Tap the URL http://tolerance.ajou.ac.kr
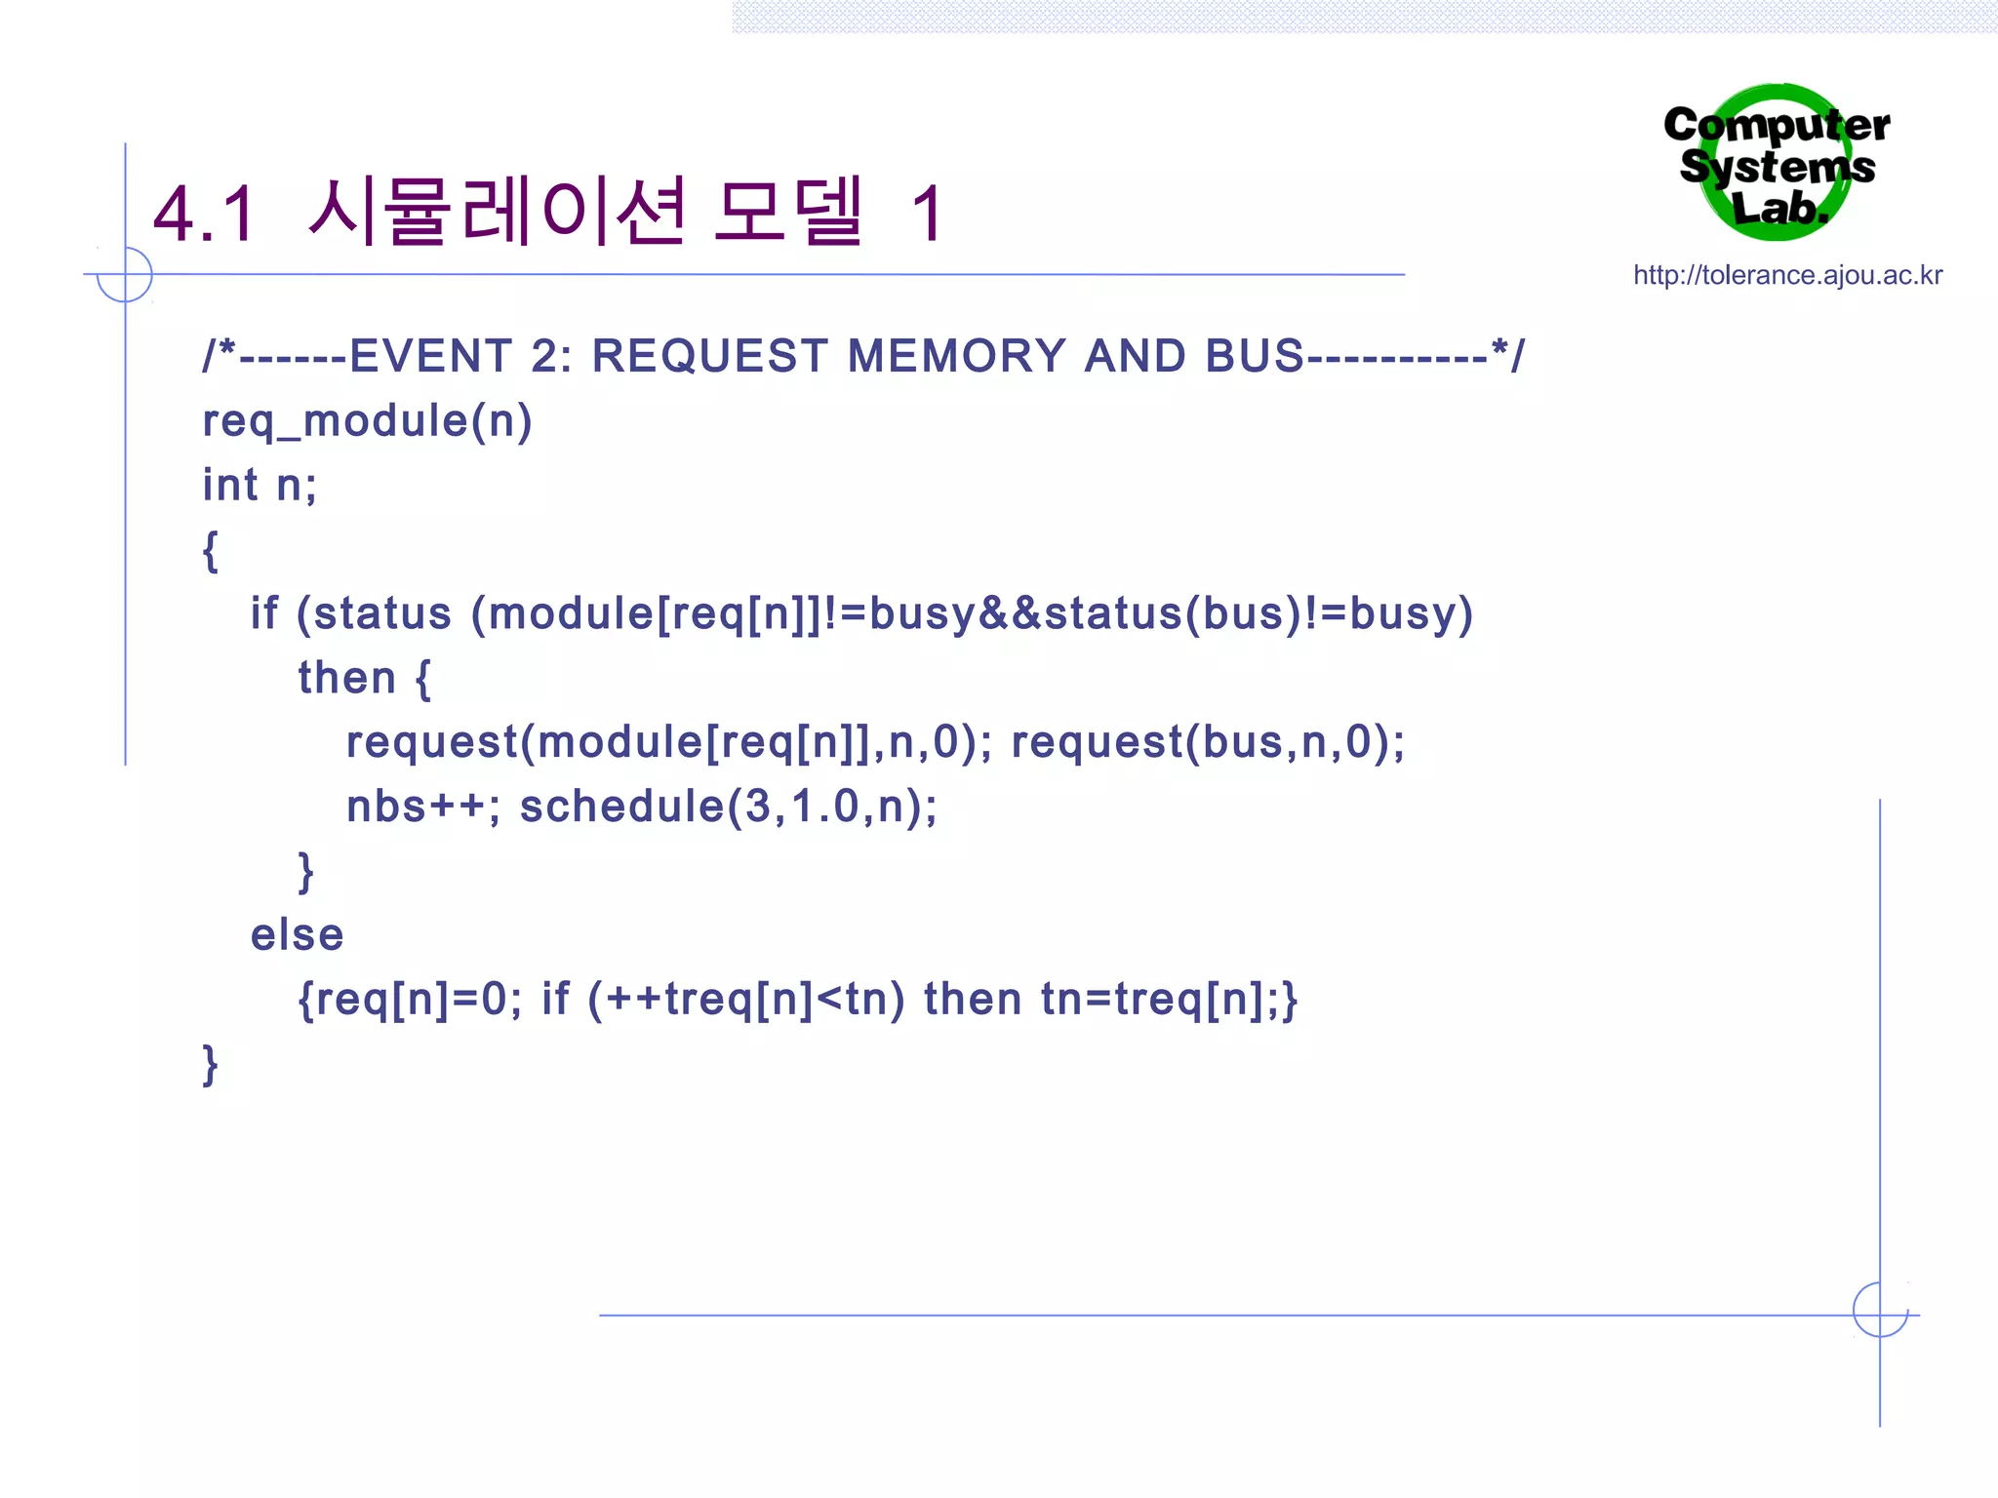click(1787, 275)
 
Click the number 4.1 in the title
click(204, 214)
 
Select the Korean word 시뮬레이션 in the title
click(498, 212)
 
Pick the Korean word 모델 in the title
click(788, 212)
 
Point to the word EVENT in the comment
click(430, 356)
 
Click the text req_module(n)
click(367, 421)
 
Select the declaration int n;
click(260, 485)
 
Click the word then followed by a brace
click(363, 678)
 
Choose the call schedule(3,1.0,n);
click(728, 807)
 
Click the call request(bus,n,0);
click(1208, 742)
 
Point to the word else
click(297, 935)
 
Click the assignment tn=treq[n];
click(1161, 1000)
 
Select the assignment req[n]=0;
click(419, 1000)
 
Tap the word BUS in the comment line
click(1255, 356)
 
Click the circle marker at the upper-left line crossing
click(125, 274)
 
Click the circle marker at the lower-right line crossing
click(1880, 1310)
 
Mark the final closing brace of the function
click(210, 1064)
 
